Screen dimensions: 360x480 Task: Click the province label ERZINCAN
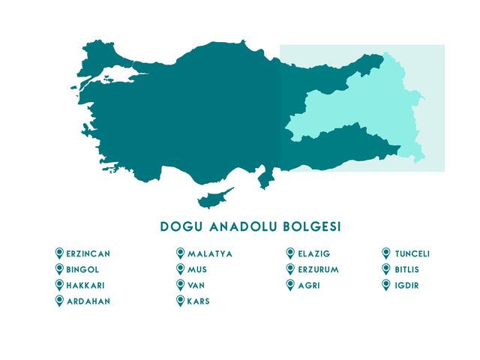[88, 254]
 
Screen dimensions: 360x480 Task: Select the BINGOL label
[83, 270]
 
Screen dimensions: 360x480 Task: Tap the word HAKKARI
[86, 286]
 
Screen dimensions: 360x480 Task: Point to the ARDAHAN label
[88, 301]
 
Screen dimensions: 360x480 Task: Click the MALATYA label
[210, 254]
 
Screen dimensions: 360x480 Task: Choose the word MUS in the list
[197, 270]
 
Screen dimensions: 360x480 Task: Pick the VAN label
[197, 286]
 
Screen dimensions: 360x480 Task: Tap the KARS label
[199, 301]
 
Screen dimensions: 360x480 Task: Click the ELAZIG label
[314, 254]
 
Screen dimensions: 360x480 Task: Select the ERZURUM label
[319, 270]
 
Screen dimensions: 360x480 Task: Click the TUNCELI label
[412, 254]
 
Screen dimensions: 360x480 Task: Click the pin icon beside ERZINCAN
[59, 253]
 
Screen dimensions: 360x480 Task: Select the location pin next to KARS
[180, 301]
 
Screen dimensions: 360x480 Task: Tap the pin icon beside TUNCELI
[386, 253]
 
